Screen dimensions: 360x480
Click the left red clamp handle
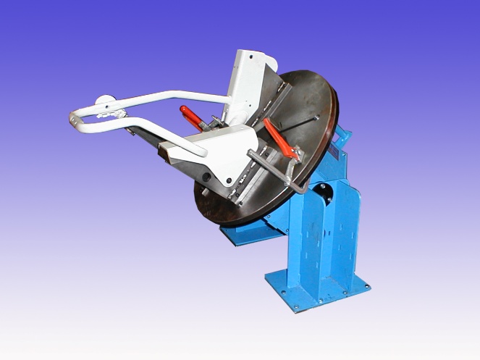click(x=193, y=115)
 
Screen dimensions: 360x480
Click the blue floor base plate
click(x=319, y=290)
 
